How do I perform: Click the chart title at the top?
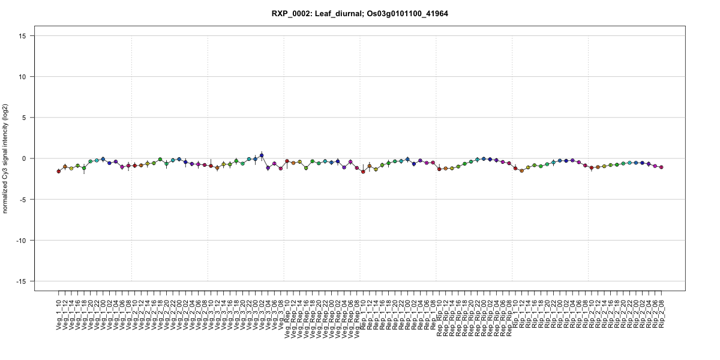coord(359,13)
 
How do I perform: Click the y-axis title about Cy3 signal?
coord(6,158)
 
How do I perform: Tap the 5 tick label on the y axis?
coord(25,118)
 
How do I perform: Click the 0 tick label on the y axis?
coord(25,158)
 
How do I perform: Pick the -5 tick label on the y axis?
coord(23,199)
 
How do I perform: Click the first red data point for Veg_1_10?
coord(59,171)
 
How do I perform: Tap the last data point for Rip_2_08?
coord(662,167)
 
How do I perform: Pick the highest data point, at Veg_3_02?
coord(262,155)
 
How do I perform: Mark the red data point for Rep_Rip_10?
coord(439,169)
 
